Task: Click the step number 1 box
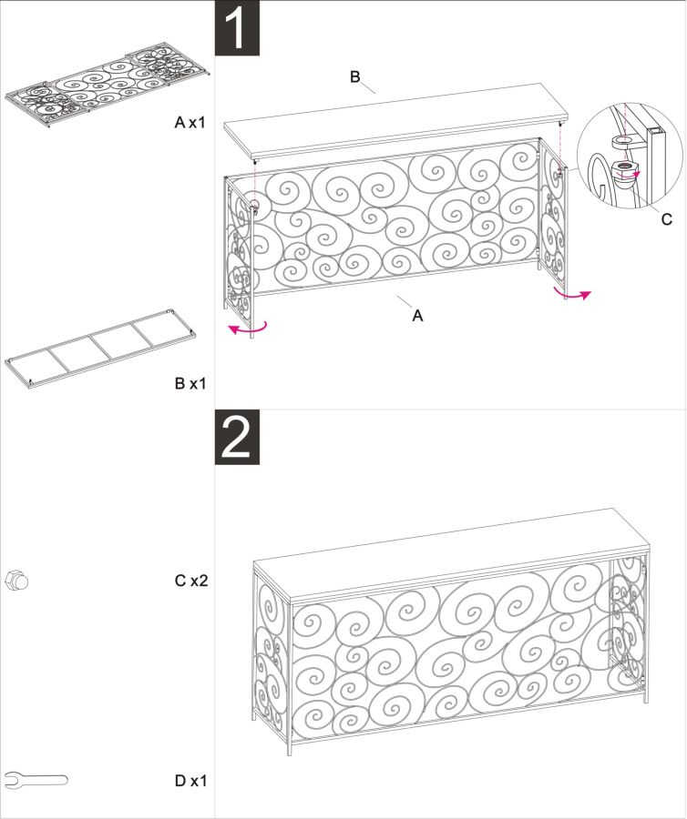(238, 27)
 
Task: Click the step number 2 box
(238, 437)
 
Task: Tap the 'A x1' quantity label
(190, 122)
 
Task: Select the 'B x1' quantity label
(190, 383)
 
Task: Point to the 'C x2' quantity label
(191, 581)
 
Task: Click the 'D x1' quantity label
(190, 781)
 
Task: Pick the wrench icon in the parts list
(36, 781)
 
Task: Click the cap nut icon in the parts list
(15, 581)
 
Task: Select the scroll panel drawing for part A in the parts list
(108, 86)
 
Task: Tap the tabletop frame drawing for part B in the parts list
(101, 349)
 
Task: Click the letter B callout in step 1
(355, 77)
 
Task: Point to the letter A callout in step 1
(417, 316)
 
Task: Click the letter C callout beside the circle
(667, 219)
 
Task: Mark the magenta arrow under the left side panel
(249, 329)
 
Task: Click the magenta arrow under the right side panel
(572, 296)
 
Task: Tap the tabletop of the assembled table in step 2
(451, 555)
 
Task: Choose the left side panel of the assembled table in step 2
(271, 658)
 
